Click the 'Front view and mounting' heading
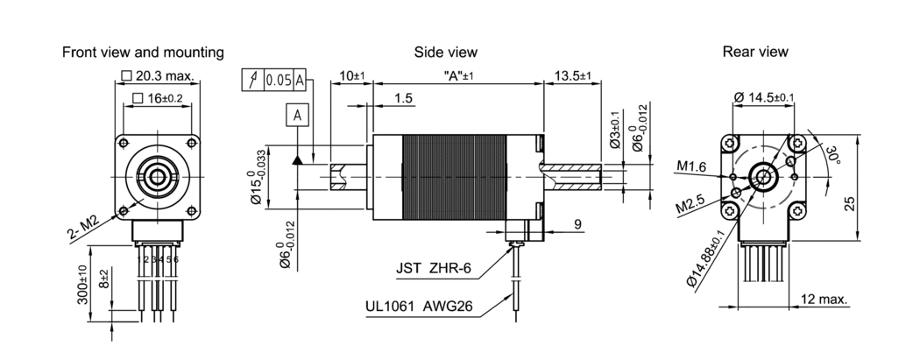(x=143, y=53)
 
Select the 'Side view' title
(x=446, y=53)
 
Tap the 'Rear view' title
(x=755, y=52)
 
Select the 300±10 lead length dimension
(x=82, y=285)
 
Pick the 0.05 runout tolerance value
(x=279, y=81)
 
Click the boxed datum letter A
(x=298, y=116)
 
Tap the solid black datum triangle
(x=298, y=159)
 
